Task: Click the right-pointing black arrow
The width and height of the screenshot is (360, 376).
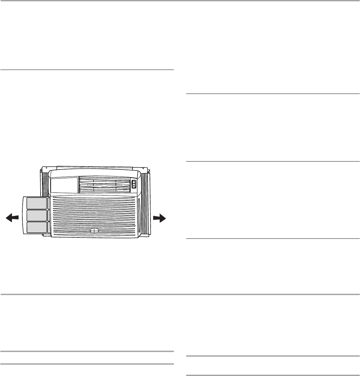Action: (160, 218)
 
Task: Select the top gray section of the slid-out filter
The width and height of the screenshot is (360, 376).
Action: (37, 203)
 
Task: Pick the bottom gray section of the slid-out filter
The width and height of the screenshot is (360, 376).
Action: (37, 227)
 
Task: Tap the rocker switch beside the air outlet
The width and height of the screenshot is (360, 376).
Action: (134, 185)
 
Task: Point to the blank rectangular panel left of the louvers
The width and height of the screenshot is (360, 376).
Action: (64, 185)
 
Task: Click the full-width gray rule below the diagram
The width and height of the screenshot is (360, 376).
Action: (180, 294)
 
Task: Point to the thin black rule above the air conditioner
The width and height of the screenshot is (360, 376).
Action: (87, 70)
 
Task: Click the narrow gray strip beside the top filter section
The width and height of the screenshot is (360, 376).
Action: (49, 203)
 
